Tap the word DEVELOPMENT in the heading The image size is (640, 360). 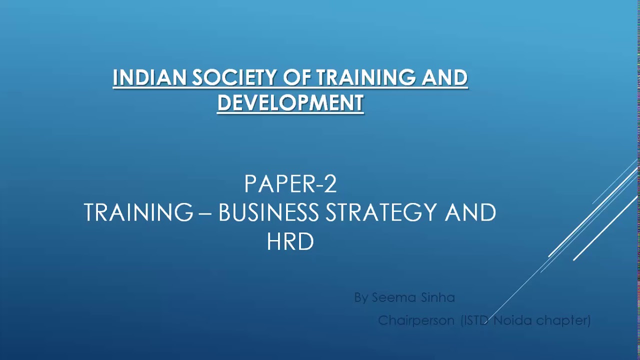[290, 102]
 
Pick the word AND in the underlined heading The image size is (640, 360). [444, 77]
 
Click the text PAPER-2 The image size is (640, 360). [290, 184]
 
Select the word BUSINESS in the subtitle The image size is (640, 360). [268, 213]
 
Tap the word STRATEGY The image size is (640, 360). [381, 213]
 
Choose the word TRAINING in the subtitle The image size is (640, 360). [138, 213]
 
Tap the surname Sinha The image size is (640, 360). [437, 297]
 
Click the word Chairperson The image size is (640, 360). [416, 320]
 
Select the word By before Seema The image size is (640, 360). [361, 298]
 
